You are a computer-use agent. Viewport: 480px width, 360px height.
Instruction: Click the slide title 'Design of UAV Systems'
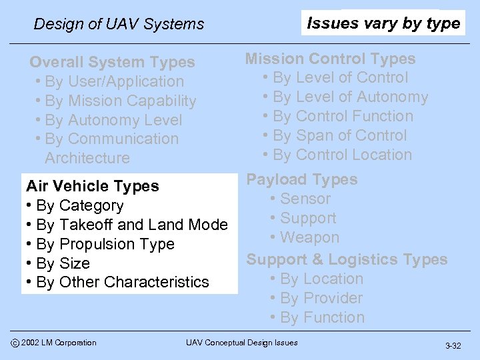[119, 24]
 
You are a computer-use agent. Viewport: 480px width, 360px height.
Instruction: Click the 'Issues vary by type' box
[383, 23]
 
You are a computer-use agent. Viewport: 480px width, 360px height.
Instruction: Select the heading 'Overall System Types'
[112, 62]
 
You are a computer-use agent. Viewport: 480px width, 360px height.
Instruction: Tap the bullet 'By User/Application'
[114, 81]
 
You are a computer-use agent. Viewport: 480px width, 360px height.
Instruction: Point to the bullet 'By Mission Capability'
[120, 101]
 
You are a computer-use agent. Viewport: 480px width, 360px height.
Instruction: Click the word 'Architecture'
[87, 158]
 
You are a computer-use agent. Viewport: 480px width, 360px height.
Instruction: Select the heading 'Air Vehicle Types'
[93, 186]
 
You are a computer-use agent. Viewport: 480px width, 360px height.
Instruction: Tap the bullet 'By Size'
[63, 263]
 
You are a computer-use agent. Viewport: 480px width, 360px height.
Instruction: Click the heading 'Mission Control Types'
[330, 59]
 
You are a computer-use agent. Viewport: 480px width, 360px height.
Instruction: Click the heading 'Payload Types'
[302, 179]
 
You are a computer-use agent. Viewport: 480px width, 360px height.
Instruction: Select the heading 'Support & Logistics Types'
[347, 259]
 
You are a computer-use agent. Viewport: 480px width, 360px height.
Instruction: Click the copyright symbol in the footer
[13, 343]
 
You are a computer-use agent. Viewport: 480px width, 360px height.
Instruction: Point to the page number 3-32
[453, 346]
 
